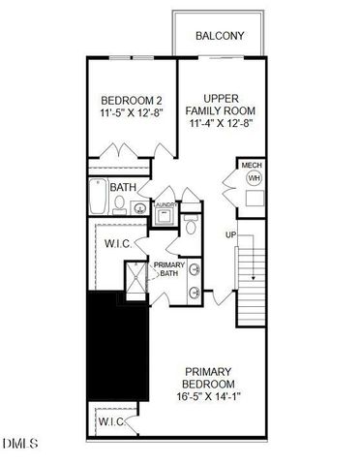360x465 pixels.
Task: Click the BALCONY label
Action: (220, 37)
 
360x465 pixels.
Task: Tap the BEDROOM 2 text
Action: (131, 101)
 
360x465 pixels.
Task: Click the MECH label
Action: (252, 166)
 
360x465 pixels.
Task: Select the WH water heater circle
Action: (254, 179)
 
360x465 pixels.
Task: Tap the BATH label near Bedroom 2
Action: (123, 187)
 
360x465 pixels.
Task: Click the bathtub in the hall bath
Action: (97, 200)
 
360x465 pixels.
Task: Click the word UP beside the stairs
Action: (230, 235)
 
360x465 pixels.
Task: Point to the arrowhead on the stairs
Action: (254, 278)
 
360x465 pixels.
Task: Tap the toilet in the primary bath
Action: (191, 228)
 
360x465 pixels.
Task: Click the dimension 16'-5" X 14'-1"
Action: (212, 395)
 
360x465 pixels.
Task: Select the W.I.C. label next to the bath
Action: (119, 245)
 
